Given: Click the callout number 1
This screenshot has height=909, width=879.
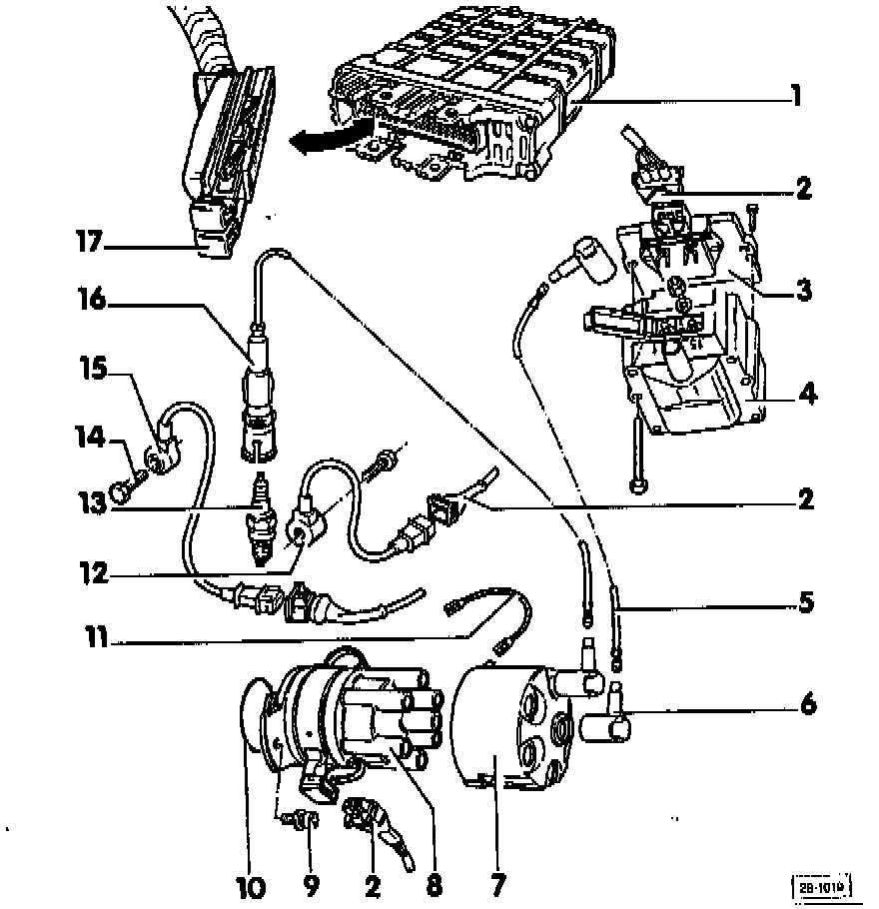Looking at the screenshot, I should point(796,97).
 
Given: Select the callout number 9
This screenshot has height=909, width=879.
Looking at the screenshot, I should point(310,884).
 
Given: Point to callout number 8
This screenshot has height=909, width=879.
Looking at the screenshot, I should point(434,884).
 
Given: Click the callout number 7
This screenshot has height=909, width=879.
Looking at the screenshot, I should point(497,884).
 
